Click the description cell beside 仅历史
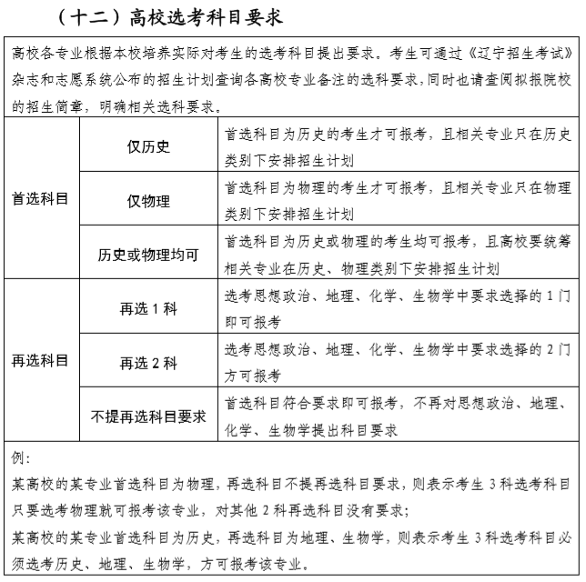[397, 146]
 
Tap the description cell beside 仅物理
[397, 201]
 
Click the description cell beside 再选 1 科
[397, 308]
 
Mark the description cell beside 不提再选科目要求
[397, 416]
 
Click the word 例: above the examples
[22, 456]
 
